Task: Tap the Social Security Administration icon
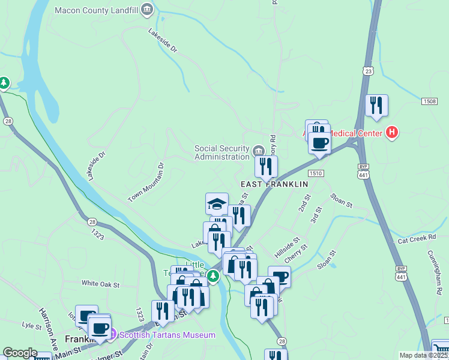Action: click(258, 150)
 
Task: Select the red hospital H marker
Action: click(392, 132)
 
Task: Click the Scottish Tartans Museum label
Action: click(167, 335)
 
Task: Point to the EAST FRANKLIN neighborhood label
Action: click(274, 184)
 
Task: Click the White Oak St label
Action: click(101, 284)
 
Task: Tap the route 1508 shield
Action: click(429, 101)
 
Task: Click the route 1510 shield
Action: click(317, 173)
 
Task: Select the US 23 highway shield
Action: click(368, 71)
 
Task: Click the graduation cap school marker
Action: click(217, 203)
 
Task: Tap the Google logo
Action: click(20, 353)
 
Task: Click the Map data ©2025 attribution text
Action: click(423, 355)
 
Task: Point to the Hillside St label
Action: click(287, 245)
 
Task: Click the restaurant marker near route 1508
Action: click(376, 105)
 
